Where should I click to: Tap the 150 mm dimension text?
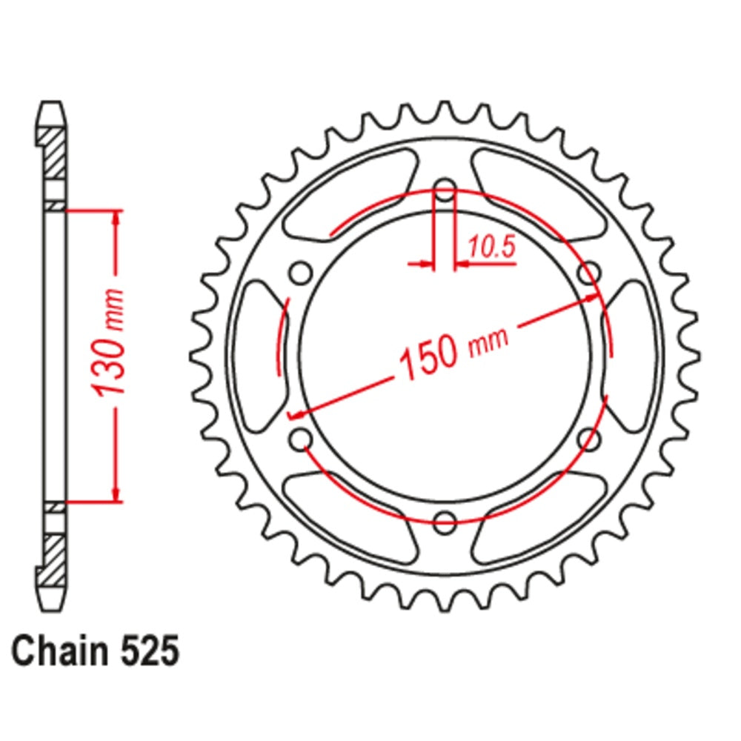click(x=454, y=349)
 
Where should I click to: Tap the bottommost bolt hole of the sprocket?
click(x=445, y=521)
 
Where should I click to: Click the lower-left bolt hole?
click(x=301, y=439)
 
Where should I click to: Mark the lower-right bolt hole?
click(x=588, y=439)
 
